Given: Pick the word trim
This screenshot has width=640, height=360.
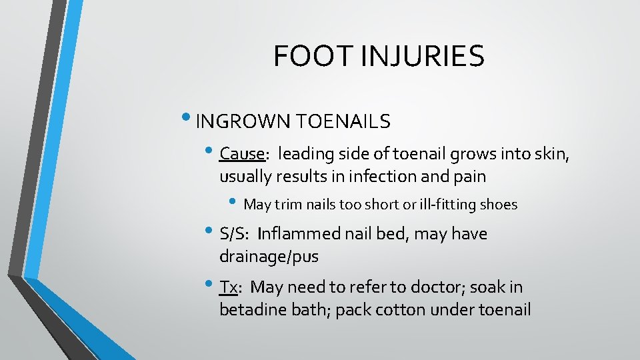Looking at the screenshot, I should click(287, 205).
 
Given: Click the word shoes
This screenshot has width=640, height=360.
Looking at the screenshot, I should click(499, 205).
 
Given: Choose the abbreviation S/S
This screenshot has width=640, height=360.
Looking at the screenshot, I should click(233, 234).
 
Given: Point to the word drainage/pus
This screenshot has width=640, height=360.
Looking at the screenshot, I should click(269, 257).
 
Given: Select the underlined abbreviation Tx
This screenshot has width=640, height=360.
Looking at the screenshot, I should click(228, 287).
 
